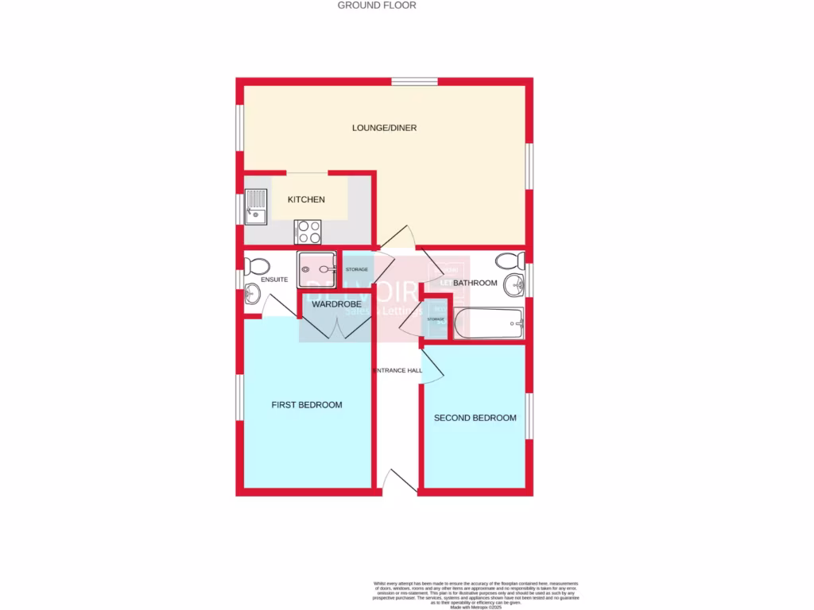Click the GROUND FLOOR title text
click(377, 6)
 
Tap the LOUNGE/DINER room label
click(385, 128)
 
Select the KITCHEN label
click(306, 199)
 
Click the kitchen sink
click(257, 204)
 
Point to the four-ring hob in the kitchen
click(308, 231)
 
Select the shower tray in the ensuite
click(317, 270)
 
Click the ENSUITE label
click(274, 280)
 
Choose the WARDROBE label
click(336, 304)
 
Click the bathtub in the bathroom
click(488, 323)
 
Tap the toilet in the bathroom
click(509, 260)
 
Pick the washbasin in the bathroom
click(516, 284)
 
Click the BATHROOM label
click(475, 283)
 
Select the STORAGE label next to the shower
click(356, 270)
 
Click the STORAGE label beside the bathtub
click(436, 319)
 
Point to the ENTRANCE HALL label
click(397, 371)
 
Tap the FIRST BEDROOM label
click(307, 405)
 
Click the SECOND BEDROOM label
click(475, 418)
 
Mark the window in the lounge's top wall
click(414, 81)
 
